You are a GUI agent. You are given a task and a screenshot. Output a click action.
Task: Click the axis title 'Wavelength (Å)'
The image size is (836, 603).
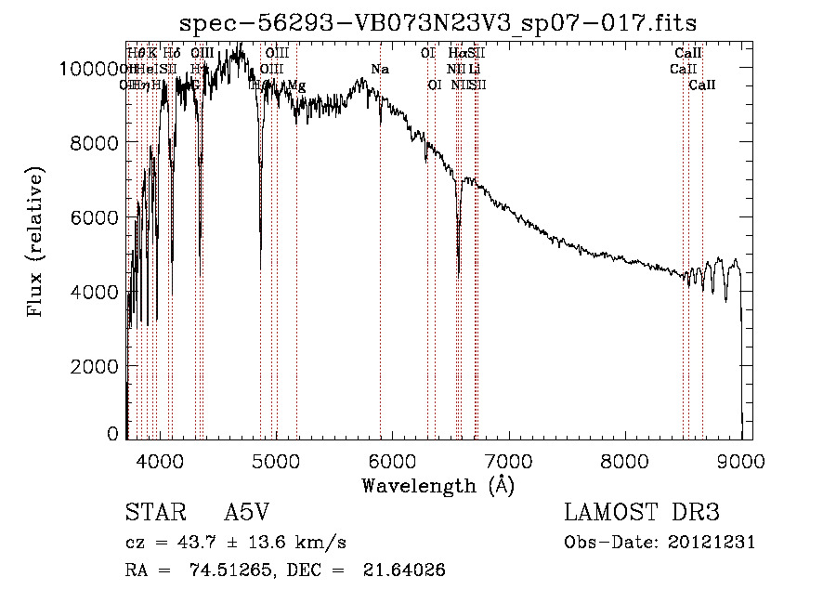pos(438,485)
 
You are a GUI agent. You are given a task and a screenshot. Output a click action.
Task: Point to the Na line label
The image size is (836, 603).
pos(379,69)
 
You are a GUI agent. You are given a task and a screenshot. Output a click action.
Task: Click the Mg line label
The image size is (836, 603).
pos(296,85)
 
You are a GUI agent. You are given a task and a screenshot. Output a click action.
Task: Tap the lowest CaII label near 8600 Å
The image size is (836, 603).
pos(702,85)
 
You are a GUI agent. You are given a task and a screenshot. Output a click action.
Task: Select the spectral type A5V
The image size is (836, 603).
pos(248,513)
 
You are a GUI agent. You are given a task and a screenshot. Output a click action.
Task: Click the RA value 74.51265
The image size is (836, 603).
pos(233,570)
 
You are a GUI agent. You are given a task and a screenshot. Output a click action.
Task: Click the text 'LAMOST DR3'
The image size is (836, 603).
pos(642,513)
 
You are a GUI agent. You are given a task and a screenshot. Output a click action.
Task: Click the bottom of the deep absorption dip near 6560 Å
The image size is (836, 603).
pos(459,276)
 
